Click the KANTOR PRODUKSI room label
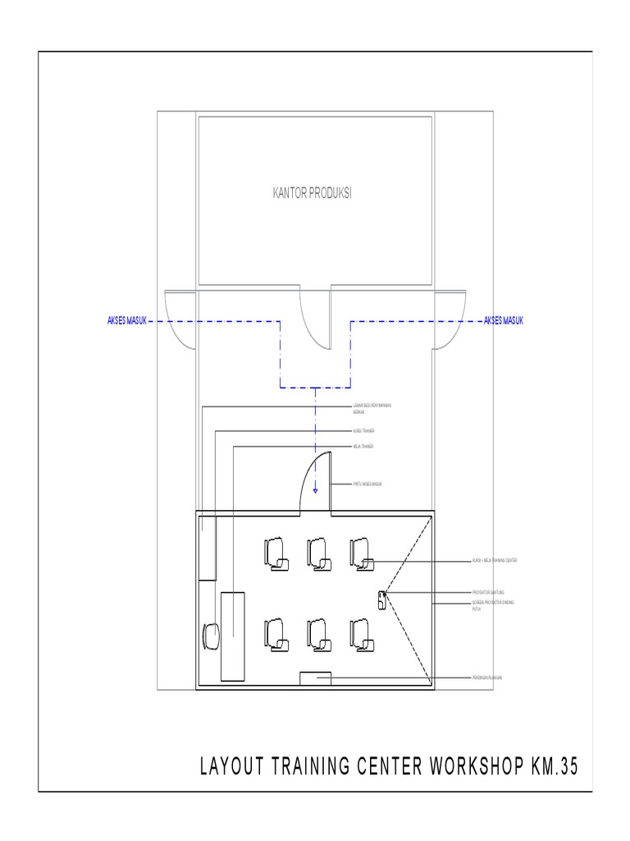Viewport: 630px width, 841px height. (312, 194)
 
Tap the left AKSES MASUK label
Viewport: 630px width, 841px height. (127, 320)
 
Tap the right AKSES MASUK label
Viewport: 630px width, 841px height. (504, 320)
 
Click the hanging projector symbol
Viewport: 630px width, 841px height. (382, 600)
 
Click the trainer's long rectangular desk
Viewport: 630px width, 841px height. (232, 635)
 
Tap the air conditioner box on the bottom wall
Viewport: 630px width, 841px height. (315, 678)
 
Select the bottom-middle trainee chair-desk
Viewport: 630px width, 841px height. (318, 634)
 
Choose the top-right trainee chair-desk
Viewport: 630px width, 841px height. (361, 552)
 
